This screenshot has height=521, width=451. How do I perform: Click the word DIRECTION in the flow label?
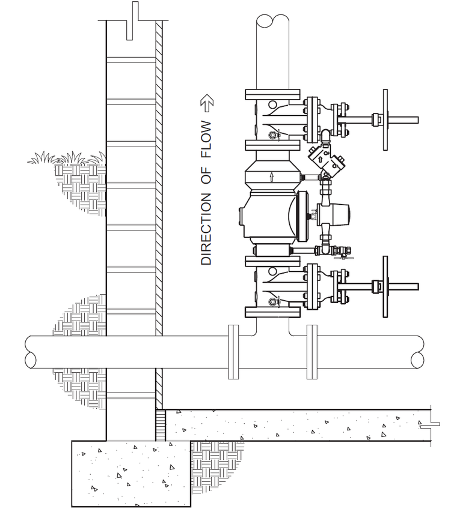coord(206,229)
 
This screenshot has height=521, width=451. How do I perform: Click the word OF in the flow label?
coord(206,175)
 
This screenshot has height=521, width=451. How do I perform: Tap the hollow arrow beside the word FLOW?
coord(207,103)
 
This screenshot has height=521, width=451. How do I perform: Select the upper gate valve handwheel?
coord(385,120)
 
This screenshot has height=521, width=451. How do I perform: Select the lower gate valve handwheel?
coord(385,287)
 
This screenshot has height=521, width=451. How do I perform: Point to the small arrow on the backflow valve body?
coord(272,176)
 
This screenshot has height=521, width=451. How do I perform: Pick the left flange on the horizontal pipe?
coord(233,352)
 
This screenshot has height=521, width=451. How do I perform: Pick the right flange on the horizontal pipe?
coord(312,352)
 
